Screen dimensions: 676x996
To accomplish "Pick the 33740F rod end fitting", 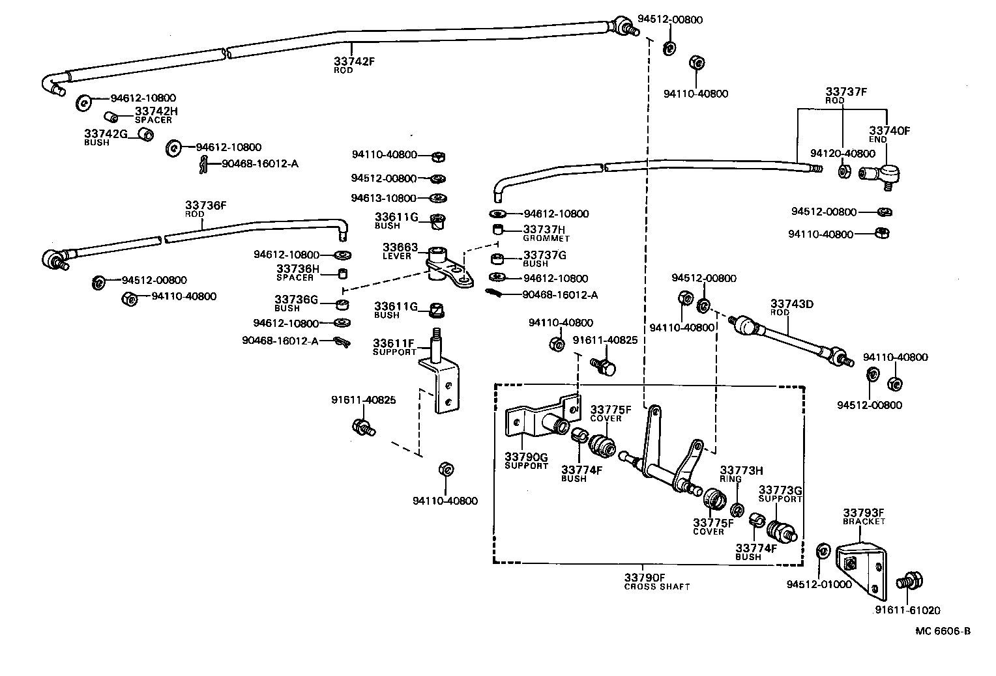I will (881, 174).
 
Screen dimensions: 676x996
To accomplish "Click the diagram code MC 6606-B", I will (943, 630).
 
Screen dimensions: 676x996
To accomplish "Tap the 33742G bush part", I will (147, 134).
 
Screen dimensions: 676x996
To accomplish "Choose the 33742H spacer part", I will (111, 117).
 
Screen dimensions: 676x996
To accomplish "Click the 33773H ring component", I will (737, 509).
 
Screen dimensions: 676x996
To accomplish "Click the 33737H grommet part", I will (499, 229).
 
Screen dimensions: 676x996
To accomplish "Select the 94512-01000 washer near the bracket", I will (823, 551).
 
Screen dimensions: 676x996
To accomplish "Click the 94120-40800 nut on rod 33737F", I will (842, 171).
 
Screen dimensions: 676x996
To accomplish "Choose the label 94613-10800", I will (383, 198).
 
